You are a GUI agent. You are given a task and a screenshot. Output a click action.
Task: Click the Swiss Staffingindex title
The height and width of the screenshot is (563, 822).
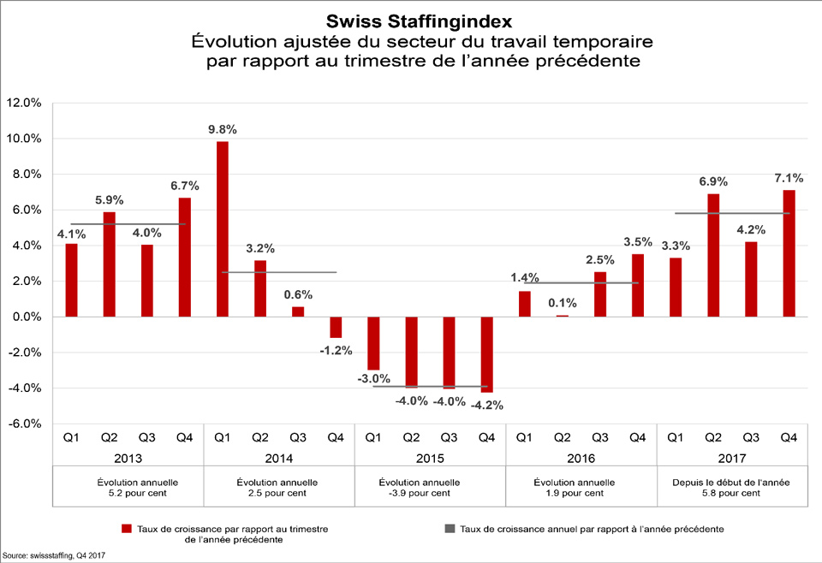tap(411, 19)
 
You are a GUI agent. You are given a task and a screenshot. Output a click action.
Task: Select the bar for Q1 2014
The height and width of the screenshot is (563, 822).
tap(223, 228)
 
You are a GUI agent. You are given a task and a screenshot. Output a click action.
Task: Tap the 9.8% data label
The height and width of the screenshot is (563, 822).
tap(223, 129)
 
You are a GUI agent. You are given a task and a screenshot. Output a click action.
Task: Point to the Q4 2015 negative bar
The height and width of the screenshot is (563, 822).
tap(486, 354)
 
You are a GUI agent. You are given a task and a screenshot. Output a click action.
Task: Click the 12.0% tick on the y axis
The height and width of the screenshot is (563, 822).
tap(23, 103)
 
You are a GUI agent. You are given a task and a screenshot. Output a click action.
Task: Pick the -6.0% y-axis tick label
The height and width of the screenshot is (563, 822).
tap(23, 424)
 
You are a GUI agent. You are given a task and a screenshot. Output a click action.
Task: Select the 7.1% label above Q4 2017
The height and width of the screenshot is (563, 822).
tap(789, 178)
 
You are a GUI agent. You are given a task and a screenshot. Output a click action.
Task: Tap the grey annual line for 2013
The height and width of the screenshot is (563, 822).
tap(128, 224)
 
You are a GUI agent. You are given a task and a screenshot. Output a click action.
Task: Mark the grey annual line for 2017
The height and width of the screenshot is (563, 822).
tap(732, 213)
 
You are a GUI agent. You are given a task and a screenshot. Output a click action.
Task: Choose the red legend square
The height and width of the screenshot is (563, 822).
tap(128, 529)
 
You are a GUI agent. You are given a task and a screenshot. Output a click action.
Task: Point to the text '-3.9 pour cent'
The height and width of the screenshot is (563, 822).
tap(430, 494)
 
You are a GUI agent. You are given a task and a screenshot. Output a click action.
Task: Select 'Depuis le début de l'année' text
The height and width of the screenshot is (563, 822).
tap(732, 482)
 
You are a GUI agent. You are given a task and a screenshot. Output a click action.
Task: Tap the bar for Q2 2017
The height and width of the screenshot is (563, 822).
tap(713, 255)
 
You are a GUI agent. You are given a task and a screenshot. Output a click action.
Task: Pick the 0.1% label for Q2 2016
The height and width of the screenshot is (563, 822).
tap(563, 303)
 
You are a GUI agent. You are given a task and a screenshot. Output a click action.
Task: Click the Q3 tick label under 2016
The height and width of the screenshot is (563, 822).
tap(599, 437)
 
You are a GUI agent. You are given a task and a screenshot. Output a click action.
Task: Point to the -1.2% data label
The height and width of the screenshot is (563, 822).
tap(335, 350)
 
